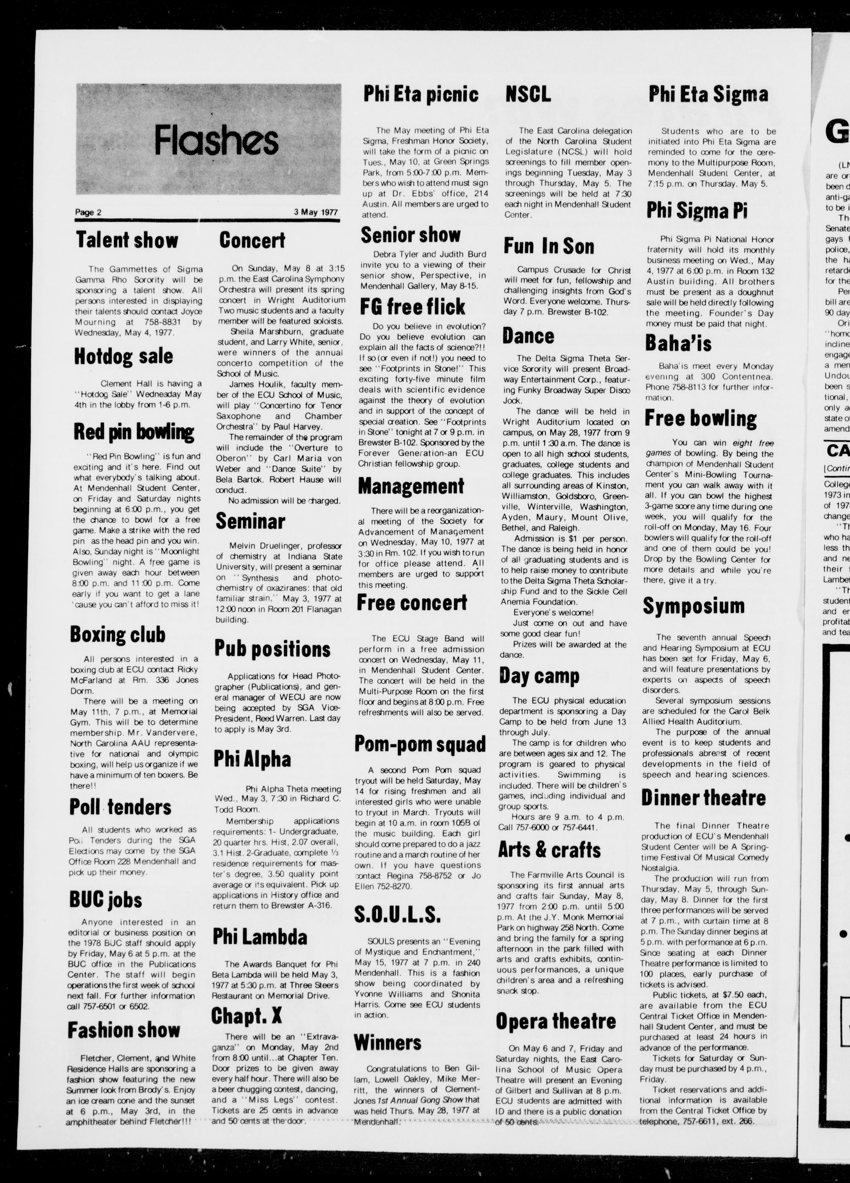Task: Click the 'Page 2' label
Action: [x=88, y=212]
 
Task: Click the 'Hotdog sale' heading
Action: [x=123, y=356]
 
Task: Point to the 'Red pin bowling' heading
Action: [x=133, y=432]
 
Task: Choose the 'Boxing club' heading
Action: [x=117, y=634]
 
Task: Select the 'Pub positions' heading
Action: [x=272, y=649]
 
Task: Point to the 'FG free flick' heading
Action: [x=412, y=306]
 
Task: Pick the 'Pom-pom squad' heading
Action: [x=420, y=744]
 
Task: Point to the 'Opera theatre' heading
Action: [x=556, y=1021]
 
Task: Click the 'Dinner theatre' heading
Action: [x=703, y=798]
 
